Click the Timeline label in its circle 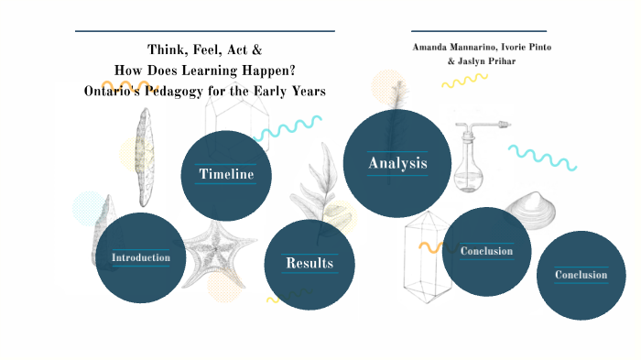(x=226, y=174)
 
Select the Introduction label (x=141, y=257)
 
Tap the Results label (x=309, y=264)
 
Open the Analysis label (x=397, y=163)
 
